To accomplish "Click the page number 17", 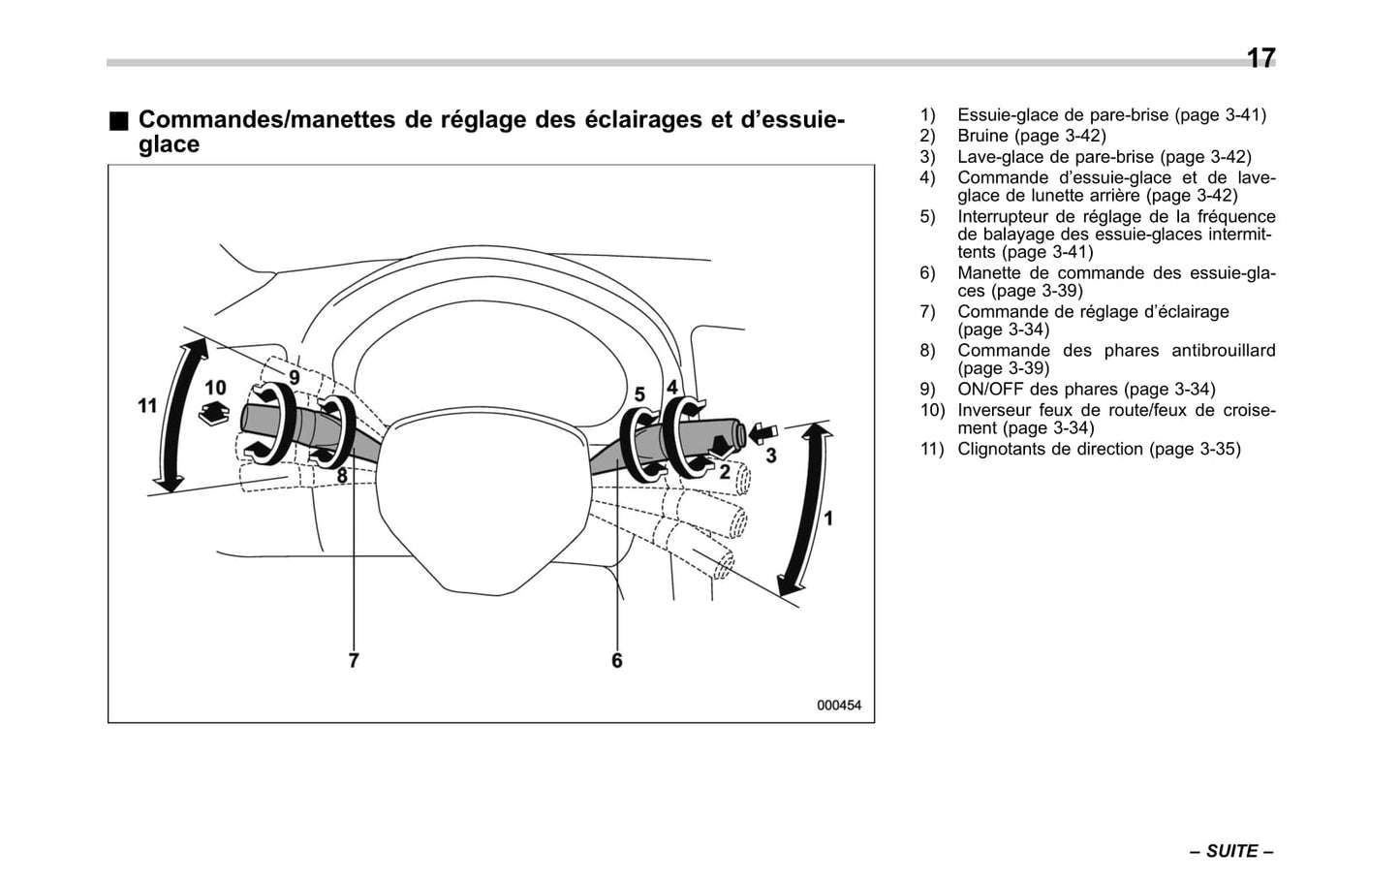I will tap(1260, 58).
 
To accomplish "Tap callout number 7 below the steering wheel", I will tap(354, 660).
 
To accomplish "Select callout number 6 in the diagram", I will tap(617, 660).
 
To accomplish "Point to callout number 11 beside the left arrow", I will tap(147, 405).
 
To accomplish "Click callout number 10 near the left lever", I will tap(215, 388).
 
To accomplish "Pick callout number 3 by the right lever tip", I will tap(771, 455).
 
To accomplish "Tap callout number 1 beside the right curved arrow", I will tap(828, 519).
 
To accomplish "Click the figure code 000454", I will tap(838, 706).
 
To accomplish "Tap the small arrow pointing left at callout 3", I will tap(763, 432).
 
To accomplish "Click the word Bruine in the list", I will tap(983, 136).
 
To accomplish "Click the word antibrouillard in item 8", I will tap(1223, 350).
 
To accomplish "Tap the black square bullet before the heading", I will tap(118, 121).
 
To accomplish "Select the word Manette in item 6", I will tap(990, 273).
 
